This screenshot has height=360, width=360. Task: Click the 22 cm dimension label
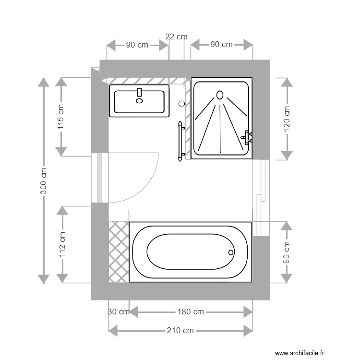[x=176, y=36]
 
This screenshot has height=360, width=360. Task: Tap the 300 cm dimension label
[x=43, y=181]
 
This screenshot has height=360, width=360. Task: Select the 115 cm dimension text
[x=60, y=117]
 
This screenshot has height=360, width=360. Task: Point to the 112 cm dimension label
[x=62, y=244]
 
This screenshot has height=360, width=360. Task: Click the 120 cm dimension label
[x=287, y=119]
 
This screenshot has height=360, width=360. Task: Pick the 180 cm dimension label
[x=191, y=312]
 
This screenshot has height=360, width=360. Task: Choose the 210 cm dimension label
[x=180, y=330]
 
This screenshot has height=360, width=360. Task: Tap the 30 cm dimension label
[x=118, y=312]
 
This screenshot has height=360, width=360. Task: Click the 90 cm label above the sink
[x=137, y=45]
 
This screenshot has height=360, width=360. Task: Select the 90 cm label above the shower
[x=221, y=45]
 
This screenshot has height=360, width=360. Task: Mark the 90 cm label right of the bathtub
[x=287, y=252]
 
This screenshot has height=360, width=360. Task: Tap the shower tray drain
[x=220, y=95]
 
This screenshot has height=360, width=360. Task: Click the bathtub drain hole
[x=231, y=252]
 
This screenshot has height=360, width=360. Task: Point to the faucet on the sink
[x=140, y=93]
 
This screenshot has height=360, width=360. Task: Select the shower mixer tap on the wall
[x=248, y=137]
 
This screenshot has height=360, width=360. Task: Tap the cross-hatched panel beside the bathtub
[x=119, y=252]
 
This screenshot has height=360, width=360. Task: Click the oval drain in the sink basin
[x=140, y=101]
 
